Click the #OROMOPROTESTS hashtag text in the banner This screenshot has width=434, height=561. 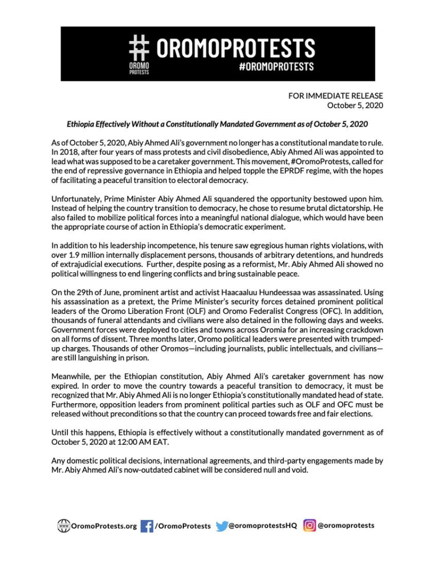[x=276, y=66]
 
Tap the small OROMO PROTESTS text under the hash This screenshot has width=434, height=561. [x=139, y=69]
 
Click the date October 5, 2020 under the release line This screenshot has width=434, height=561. [x=355, y=105]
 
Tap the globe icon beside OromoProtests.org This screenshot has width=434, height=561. [x=64, y=526]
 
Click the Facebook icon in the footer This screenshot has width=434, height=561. [x=146, y=526]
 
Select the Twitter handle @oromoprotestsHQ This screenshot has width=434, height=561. [x=263, y=525]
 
